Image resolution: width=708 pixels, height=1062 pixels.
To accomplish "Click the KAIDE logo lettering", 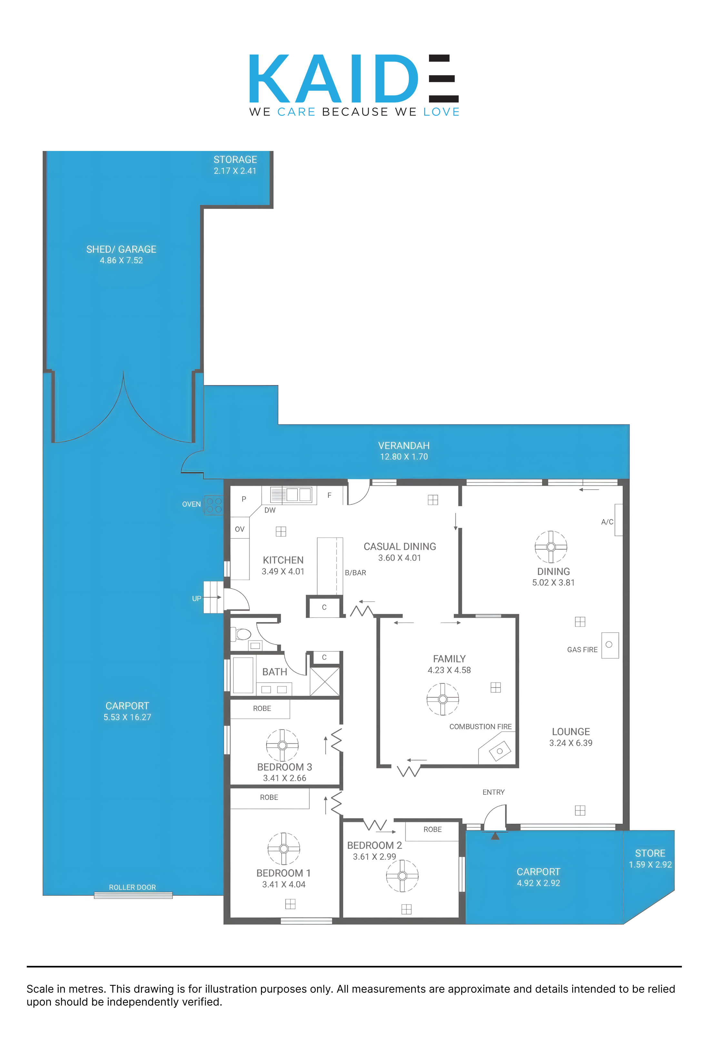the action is pos(354,79).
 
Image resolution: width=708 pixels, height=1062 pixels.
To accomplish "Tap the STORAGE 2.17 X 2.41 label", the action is pos(235,165).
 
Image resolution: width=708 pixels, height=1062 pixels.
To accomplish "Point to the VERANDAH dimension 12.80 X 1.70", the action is pos(404,456).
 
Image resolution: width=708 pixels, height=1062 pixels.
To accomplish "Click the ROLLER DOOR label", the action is pos(132,887).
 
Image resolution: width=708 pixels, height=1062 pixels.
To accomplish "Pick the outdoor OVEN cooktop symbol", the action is pos(214,505).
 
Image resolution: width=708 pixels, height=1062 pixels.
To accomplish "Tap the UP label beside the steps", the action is pos(196,599).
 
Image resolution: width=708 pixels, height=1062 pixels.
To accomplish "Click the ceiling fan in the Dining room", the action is pos(551,547).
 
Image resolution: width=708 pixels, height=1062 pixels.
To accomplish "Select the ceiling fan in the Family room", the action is pos(443,699).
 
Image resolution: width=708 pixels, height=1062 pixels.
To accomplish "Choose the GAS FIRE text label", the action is pos(582,650).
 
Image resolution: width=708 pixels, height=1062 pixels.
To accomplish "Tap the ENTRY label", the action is pos(494,792).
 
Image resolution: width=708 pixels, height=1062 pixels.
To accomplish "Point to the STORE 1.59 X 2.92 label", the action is pos(650,859).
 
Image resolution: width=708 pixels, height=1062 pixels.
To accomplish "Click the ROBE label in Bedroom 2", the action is pos(433,829).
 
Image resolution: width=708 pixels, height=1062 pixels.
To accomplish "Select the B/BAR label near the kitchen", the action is pos(355,573).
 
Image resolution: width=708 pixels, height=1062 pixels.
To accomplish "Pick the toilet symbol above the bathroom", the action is pos(241,635).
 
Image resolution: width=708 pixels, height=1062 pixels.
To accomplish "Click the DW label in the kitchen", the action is pos(270,510).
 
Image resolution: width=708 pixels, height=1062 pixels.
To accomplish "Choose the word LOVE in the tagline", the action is pos(441,112).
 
